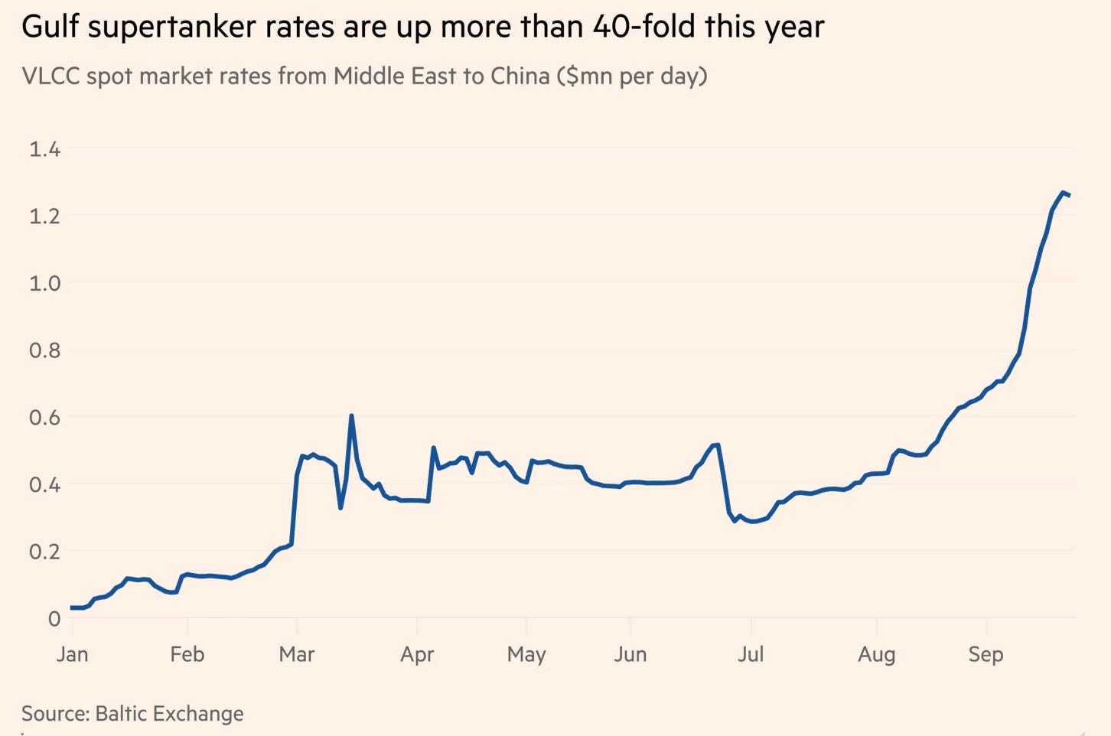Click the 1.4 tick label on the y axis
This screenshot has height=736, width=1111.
click(44, 149)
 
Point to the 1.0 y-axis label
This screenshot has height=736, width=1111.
click(44, 284)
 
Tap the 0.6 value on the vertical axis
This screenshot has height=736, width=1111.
click(44, 418)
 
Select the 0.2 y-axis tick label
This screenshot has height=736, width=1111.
click(44, 552)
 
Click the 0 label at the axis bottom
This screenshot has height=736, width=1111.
click(54, 618)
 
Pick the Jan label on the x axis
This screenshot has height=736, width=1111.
click(73, 654)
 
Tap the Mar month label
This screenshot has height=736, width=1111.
click(297, 654)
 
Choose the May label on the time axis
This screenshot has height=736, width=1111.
click(526, 655)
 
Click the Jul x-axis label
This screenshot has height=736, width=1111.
click(751, 654)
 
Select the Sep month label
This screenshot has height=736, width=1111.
click(986, 655)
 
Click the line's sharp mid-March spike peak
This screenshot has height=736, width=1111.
click(351, 415)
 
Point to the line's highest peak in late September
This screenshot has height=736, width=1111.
click(1063, 193)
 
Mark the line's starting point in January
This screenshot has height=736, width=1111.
click(72, 607)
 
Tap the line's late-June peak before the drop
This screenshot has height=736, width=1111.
click(718, 445)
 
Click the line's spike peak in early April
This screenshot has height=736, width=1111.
click(434, 448)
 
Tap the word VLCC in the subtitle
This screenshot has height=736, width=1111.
click(51, 77)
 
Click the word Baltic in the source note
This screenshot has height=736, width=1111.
click(121, 714)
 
